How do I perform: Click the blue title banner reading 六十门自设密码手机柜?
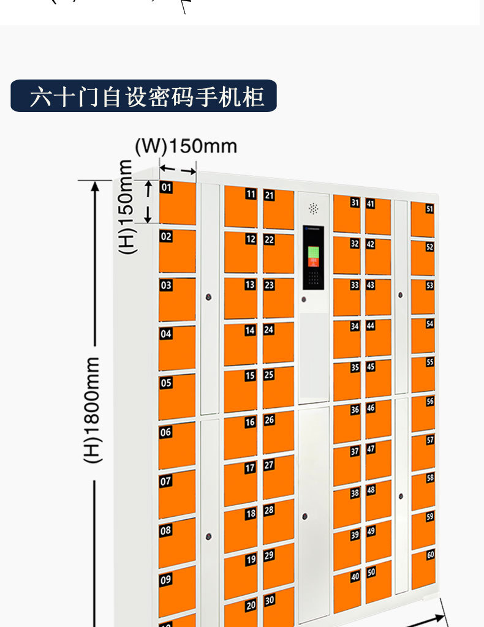143,96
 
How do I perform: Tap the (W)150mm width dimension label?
186,146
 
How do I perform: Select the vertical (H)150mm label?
125,206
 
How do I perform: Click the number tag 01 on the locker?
166,187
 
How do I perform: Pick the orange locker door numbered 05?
177,396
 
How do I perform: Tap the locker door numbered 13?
240,298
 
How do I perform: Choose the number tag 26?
269,420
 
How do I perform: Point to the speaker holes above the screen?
314,209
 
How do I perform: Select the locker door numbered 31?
347,214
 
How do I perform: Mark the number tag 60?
430,555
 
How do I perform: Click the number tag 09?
165,579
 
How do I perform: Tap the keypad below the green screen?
313,279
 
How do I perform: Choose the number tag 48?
371,490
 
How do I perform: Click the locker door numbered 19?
240,576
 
